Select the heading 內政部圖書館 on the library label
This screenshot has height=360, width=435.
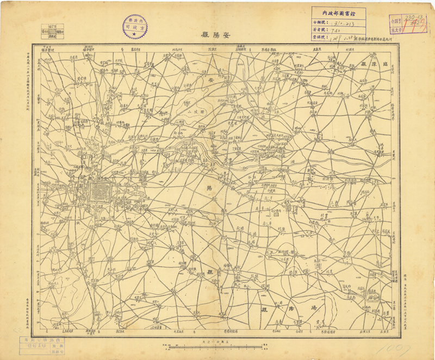[x=338, y=11]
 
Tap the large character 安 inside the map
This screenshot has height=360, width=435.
[x=212, y=80]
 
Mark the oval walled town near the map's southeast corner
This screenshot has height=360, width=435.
[x=373, y=297]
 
